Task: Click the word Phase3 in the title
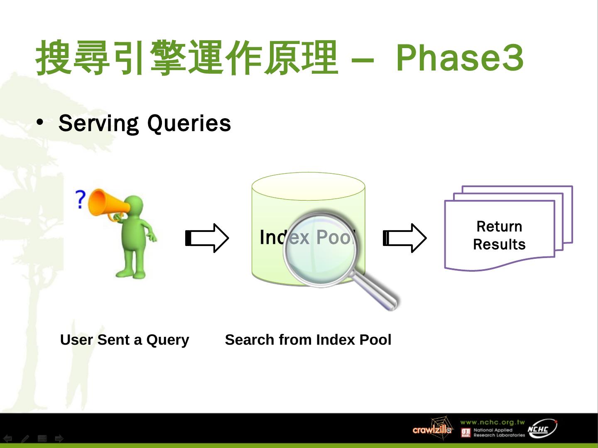(459, 58)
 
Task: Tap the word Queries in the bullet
(189, 124)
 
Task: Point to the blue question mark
(80, 199)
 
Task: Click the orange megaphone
(106, 204)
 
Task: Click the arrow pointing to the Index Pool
(207, 238)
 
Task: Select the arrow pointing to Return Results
(404, 238)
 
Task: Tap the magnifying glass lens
(319, 249)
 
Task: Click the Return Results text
(499, 235)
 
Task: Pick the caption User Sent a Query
(125, 340)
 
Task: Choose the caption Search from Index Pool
(308, 340)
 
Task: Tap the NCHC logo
(541, 429)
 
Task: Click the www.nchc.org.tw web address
(492, 422)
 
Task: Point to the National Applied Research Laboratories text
(499, 433)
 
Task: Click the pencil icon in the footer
(25, 438)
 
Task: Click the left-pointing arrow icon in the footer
(8, 438)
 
